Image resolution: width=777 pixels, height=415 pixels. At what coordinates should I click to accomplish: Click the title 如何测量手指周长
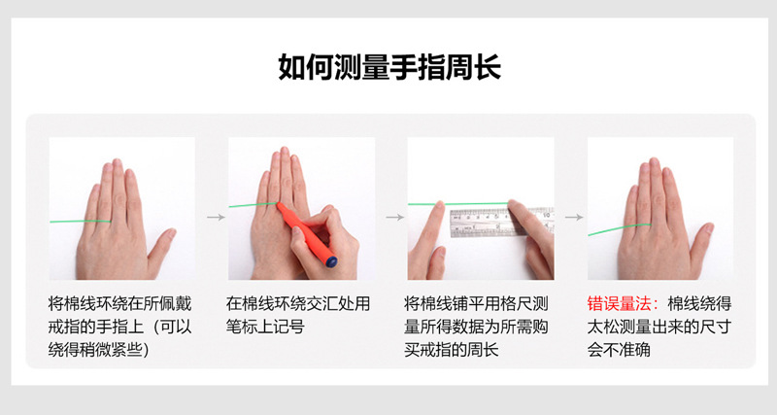(x=389, y=67)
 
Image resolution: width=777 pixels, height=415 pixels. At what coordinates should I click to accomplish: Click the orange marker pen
(x=306, y=228)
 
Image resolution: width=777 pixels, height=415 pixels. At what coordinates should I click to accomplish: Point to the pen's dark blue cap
(x=330, y=260)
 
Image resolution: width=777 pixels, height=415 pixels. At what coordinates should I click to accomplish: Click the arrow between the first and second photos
(x=216, y=217)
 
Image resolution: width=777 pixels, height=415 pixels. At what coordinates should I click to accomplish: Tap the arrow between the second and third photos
(x=394, y=217)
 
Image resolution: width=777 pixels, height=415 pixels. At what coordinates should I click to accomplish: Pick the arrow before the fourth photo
(x=574, y=217)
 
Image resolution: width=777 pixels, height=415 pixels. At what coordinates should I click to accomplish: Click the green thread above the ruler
(x=456, y=203)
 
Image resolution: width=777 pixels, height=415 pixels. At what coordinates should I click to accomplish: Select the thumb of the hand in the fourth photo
(x=698, y=243)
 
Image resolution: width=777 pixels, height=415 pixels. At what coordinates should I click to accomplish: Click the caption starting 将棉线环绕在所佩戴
(x=120, y=303)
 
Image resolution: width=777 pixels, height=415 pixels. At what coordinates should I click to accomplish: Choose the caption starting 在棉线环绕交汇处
(x=299, y=303)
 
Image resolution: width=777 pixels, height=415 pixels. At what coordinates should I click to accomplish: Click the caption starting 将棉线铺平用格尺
(x=479, y=303)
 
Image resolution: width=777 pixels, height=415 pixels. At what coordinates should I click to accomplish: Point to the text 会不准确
(x=620, y=350)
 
